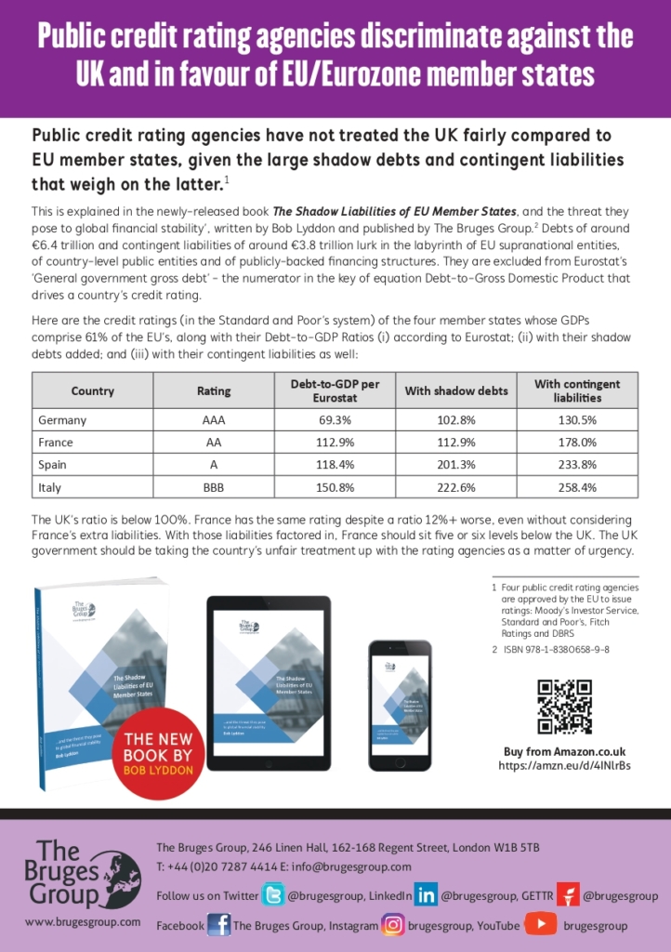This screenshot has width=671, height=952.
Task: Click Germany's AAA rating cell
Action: [x=214, y=420]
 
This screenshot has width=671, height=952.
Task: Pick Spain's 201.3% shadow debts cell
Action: [x=456, y=464]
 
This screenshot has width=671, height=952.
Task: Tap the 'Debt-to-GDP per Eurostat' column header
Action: [x=336, y=390]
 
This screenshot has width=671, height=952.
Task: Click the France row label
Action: [x=56, y=443]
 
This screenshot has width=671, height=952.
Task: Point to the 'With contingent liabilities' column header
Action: [x=577, y=390]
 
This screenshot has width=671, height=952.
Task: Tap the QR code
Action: [x=564, y=707]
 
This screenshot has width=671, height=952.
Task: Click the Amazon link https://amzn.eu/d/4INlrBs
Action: [x=564, y=766]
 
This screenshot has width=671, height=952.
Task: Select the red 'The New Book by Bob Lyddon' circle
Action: [x=158, y=749]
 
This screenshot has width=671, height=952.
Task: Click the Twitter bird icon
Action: [x=273, y=895]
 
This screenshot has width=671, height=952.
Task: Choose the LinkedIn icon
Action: [x=426, y=895]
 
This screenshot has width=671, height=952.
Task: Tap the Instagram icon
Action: [x=393, y=925]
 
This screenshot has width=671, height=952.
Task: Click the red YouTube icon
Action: [x=541, y=925]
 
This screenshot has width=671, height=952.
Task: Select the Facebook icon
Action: [x=219, y=925]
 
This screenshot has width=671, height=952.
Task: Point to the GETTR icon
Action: [x=568, y=895]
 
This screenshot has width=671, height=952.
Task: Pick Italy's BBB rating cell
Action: [x=214, y=486]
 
